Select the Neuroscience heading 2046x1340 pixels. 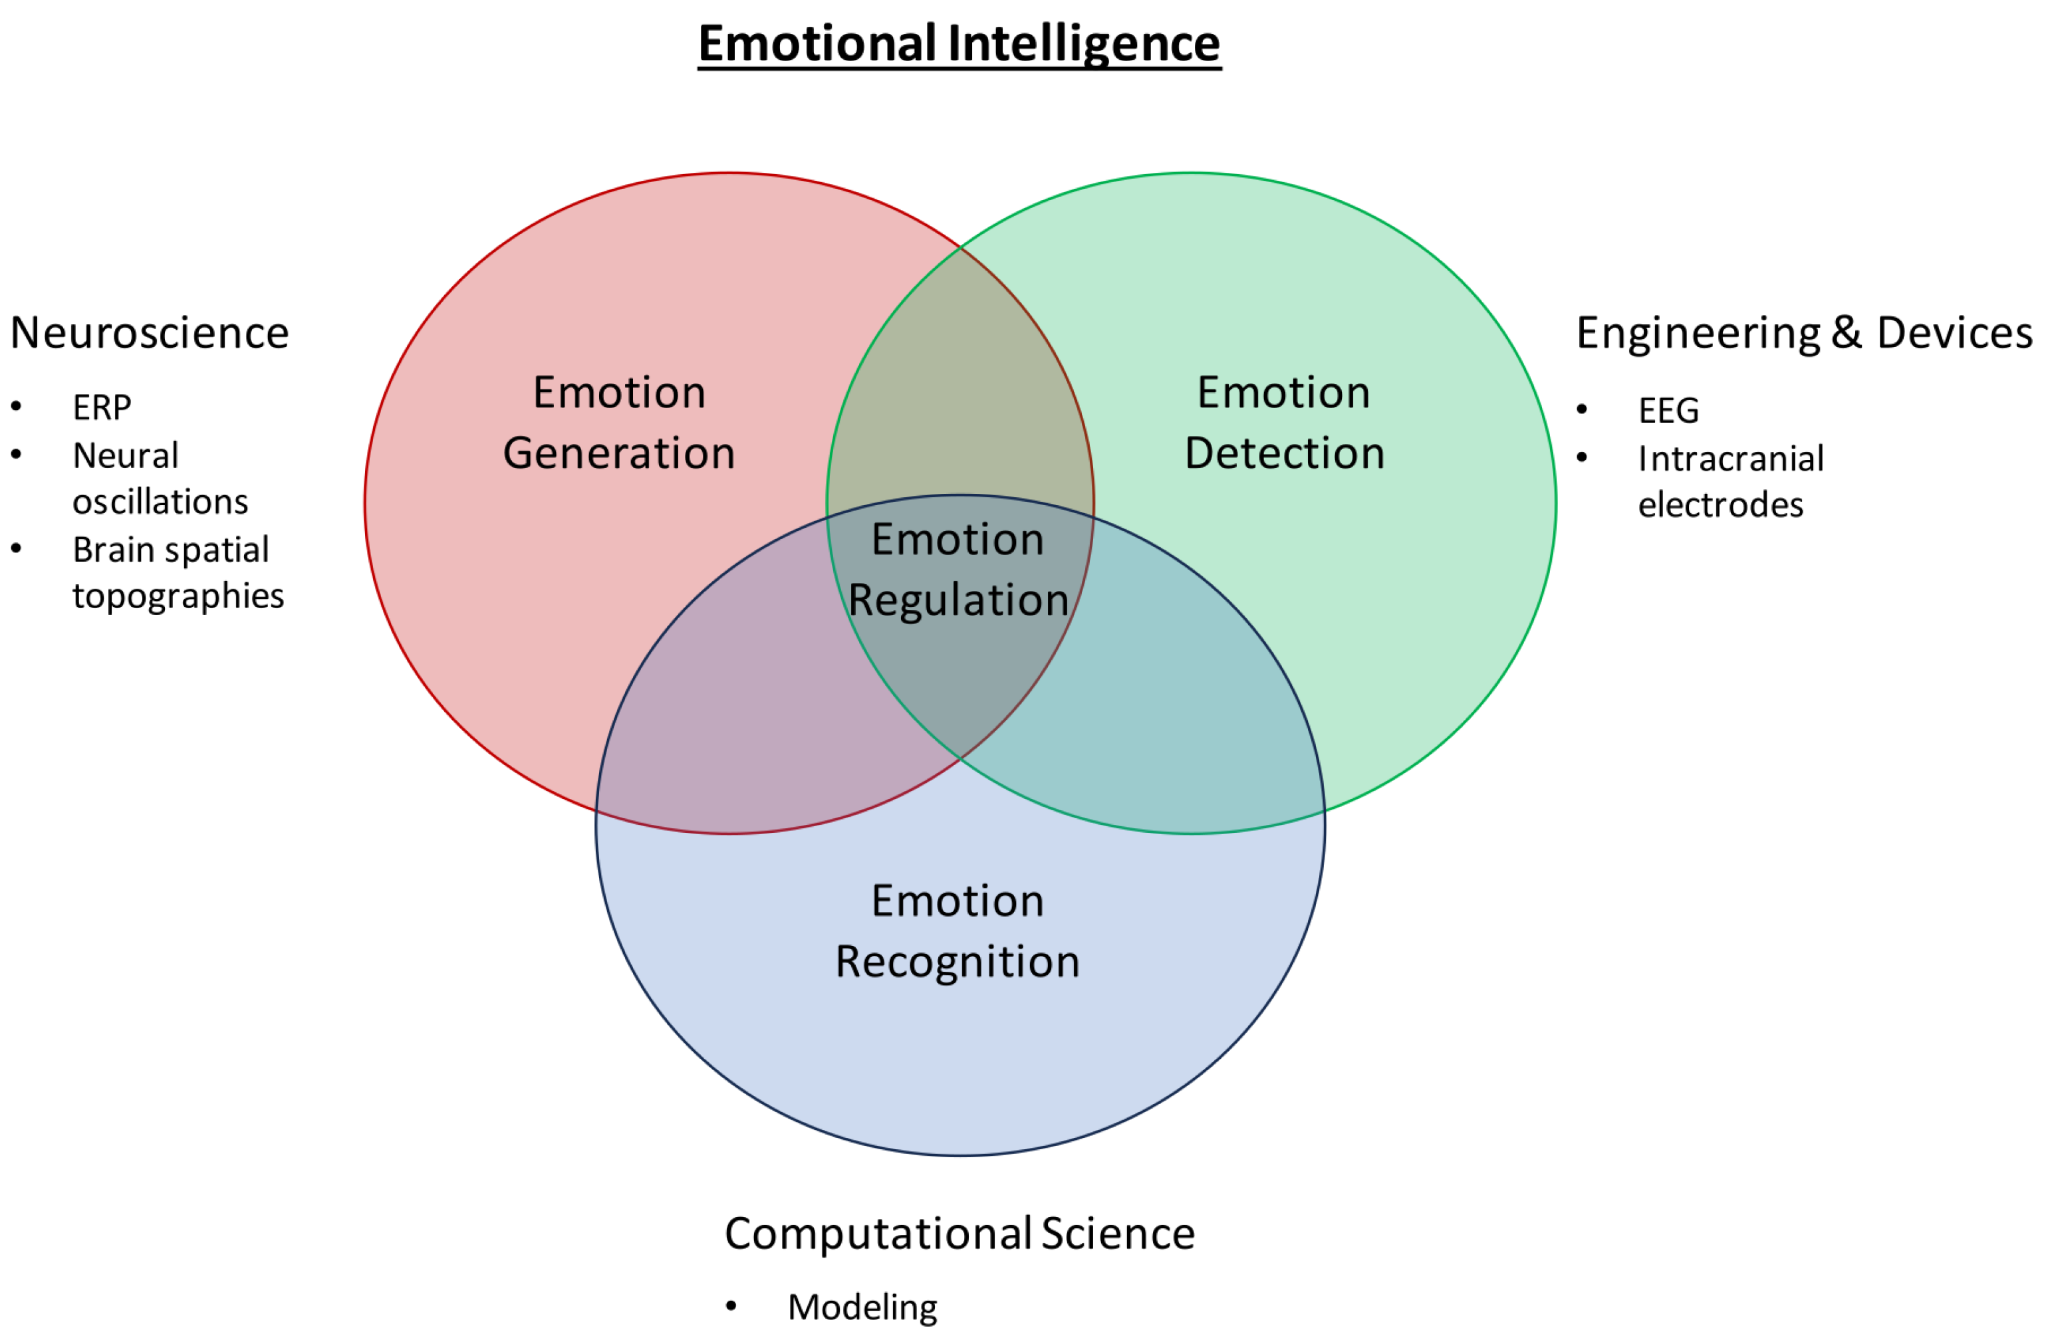(150, 334)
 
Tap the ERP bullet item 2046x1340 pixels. (102, 408)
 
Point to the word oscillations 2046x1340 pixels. (160, 502)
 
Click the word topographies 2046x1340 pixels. (178, 596)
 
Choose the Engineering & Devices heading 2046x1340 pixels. (1803, 334)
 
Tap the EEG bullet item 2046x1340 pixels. (1668, 411)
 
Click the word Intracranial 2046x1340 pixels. (1731, 459)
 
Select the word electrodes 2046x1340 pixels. (1720, 505)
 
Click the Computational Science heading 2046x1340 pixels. (959, 1234)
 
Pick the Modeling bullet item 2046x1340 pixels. (862, 1307)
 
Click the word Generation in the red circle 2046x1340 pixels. (619, 454)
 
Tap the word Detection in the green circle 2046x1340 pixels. (1285, 454)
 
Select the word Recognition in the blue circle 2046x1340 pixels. (958, 962)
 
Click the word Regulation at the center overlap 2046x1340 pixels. (959, 600)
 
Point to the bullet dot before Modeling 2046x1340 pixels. (731, 1307)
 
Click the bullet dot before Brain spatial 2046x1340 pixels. (17, 548)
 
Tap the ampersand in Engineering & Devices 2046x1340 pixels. (1847, 334)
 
